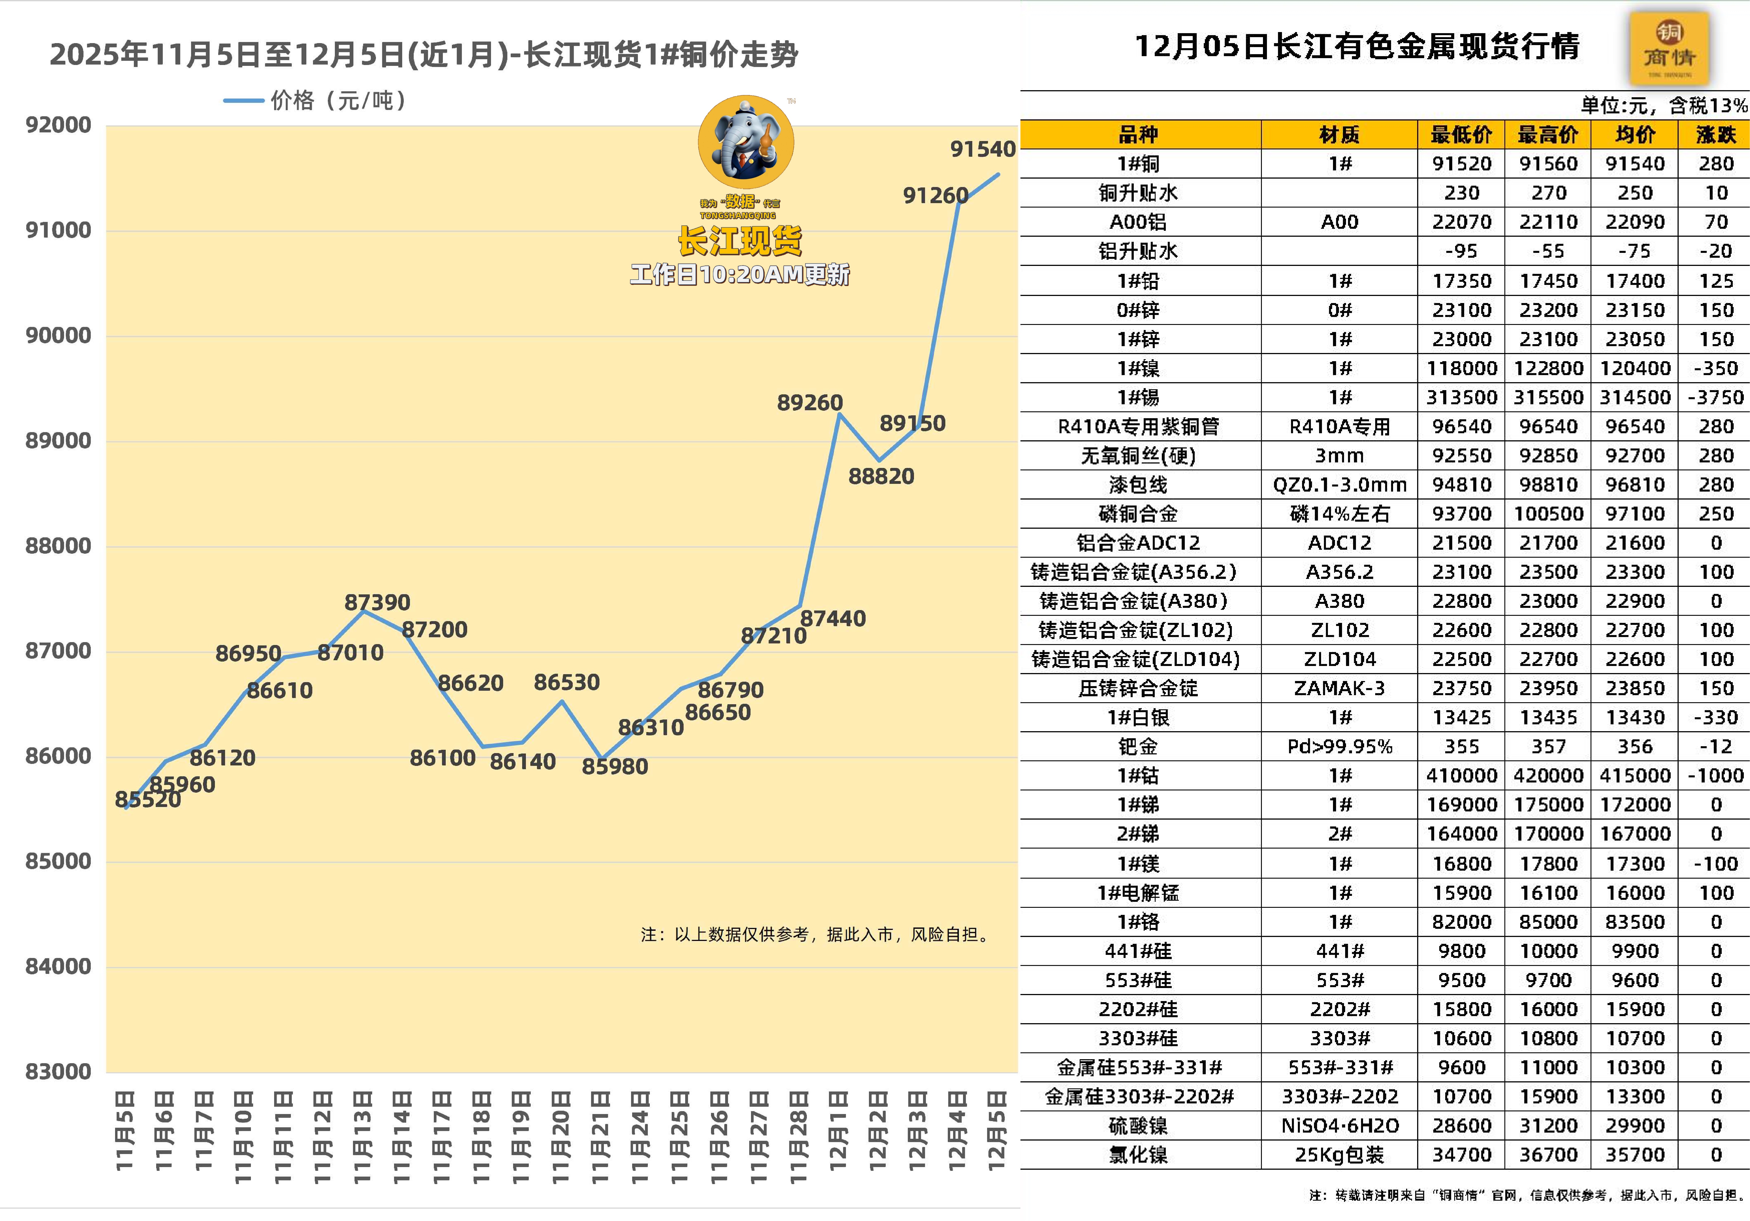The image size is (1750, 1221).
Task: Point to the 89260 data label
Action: [x=810, y=403]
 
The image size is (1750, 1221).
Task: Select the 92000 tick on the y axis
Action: [x=58, y=125]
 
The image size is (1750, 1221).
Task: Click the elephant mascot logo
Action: [x=745, y=142]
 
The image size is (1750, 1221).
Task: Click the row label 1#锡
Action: [x=1138, y=397]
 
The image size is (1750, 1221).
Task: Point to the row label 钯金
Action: [x=1138, y=747]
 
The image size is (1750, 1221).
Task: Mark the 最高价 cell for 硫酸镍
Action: [x=1548, y=1126]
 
